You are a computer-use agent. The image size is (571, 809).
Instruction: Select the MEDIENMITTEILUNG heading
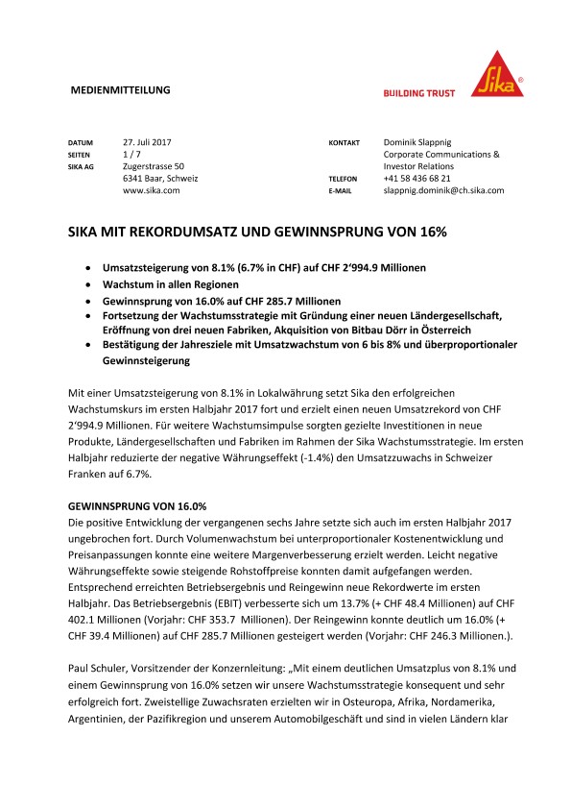point(121,89)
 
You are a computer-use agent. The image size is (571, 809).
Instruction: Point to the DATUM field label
point(81,142)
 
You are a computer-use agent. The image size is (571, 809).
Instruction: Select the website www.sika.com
point(152,191)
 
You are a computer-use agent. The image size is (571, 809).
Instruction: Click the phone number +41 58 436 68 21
point(416,179)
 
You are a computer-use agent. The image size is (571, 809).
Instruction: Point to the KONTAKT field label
point(345,142)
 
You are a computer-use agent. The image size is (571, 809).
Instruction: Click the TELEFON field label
point(344,180)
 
